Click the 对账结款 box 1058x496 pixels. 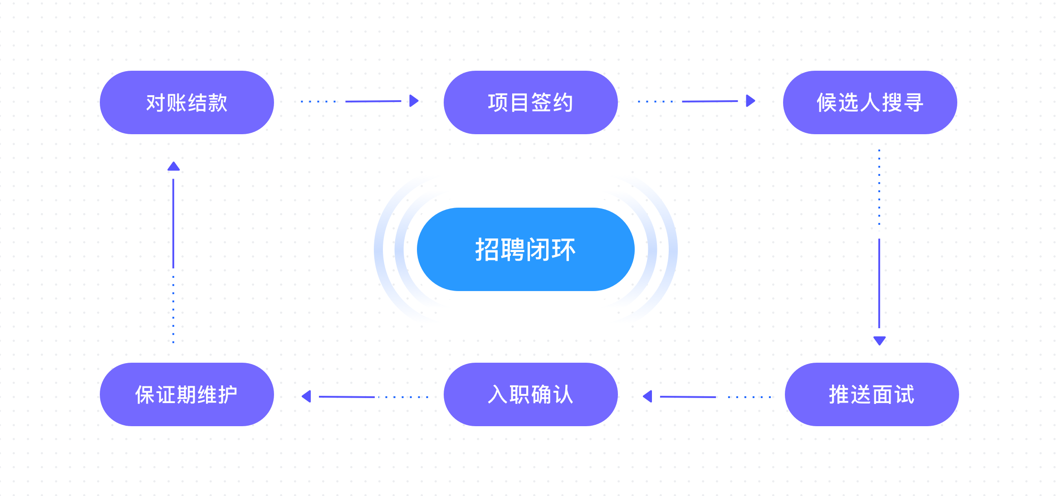pos(186,102)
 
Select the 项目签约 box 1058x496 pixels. pos(530,102)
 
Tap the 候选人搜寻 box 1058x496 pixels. pos(870,102)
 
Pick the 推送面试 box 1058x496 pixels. pos(872,394)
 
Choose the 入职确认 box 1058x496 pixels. pos(530,394)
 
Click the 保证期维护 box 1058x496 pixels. pos(186,394)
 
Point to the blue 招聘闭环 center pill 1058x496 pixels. pos(525,249)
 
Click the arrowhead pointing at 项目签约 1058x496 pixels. pos(413,101)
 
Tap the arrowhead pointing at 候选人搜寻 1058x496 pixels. pos(750,101)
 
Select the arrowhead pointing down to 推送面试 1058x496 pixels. pos(879,340)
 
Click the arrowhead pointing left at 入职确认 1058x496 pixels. pos(648,396)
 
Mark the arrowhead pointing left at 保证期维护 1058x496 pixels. pos(307,396)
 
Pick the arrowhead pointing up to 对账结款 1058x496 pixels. pos(173,167)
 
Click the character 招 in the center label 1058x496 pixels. pos(487,249)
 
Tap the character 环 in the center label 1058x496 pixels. pos(563,249)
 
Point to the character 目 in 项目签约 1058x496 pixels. pos(520,102)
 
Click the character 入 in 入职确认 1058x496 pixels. pos(498,394)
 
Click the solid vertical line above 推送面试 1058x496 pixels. pos(879,283)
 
